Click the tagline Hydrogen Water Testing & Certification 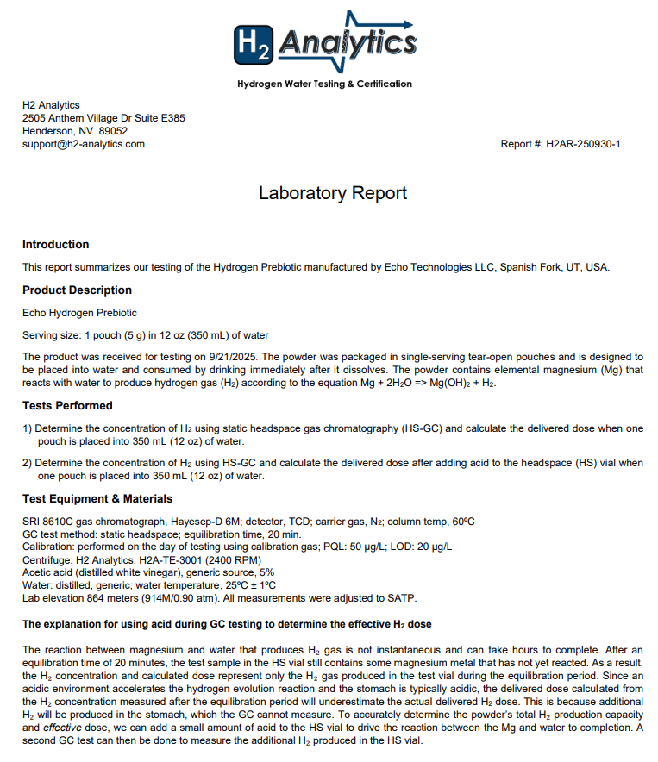(x=324, y=84)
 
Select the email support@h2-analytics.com (x=84, y=144)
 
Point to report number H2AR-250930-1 (x=583, y=144)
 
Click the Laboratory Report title (x=332, y=193)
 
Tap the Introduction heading (x=55, y=245)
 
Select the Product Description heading (x=77, y=290)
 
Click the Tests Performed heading (x=67, y=405)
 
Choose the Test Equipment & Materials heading (x=97, y=498)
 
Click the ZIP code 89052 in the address (x=114, y=131)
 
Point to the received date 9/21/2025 (x=230, y=356)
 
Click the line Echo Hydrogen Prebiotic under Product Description (x=79, y=313)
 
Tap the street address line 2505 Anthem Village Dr (x=103, y=118)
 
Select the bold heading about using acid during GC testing (x=227, y=623)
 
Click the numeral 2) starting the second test (x=28, y=463)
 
